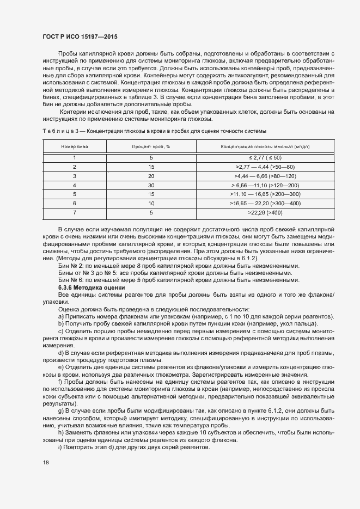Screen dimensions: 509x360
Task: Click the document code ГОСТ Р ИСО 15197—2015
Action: pyautogui.click(x=80, y=37)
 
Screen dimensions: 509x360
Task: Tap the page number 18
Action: pyautogui.click(x=46, y=462)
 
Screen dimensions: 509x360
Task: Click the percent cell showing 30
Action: pyautogui.click(x=151, y=185)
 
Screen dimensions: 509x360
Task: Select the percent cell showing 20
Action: pyautogui.click(x=151, y=176)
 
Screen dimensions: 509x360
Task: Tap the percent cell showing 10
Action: pyautogui.click(x=151, y=203)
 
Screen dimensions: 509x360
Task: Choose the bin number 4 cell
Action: pyautogui.click(x=75, y=185)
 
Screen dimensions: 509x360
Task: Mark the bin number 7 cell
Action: pyautogui.click(x=75, y=212)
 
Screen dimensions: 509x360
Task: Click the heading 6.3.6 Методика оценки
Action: pyautogui.click(x=91, y=287)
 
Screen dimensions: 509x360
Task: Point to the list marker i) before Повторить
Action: pyautogui.click(x=60, y=447)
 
